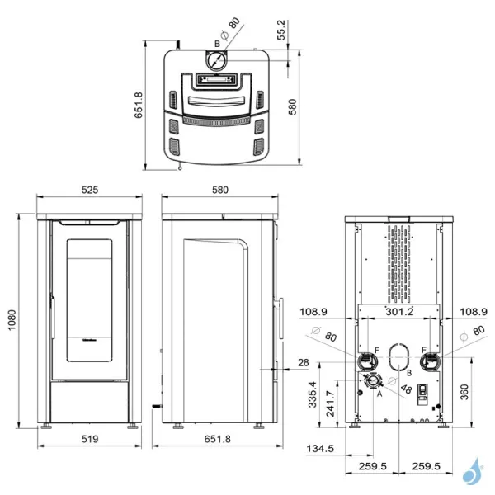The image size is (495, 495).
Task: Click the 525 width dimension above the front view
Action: point(90,190)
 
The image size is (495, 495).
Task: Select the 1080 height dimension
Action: point(12,324)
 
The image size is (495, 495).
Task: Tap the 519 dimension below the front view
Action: point(90,440)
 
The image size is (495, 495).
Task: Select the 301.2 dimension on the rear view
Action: point(399,312)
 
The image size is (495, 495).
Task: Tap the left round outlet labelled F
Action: point(365,361)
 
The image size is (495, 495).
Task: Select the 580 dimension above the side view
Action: point(219,190)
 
